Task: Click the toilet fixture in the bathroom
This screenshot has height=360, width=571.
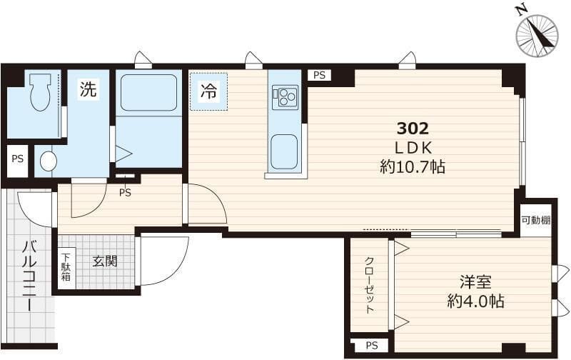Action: pyautogui.click(x=40, y=92)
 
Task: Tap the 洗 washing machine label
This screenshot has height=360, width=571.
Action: pyautogui.click(x=89, y=89)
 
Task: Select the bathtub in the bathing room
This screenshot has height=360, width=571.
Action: pyautogui.click(x=148, y=93)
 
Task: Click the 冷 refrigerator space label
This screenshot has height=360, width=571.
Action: pyautogui.click(x=208, y=92)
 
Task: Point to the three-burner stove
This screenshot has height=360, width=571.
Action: pyautogui.click(x=285, y=96)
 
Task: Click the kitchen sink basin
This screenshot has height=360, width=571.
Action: pyautogui.click(x=284, y=151)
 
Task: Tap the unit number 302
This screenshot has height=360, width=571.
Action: pyautogui.click(x=413, y=129)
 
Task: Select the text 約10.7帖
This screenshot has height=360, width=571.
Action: pyautogui.click(x=413, y=167)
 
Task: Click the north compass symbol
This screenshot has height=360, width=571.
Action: pyautogui.click(x=537, y=35)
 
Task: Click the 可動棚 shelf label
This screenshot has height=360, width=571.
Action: pyautogui.click(x=535, y=220)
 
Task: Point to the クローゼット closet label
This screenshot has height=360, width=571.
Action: pyautogui.click(x=369, y=285)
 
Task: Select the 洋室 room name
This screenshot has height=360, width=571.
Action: pyautogui.click(x=475, y=282)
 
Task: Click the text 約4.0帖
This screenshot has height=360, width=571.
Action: pyautogui.click(x=475, y=301)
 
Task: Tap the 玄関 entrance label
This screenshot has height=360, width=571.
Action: pyautogui.click(x=104, y=261)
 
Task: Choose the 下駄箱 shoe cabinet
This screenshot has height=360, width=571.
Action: pyautogui.click(x=66, y=268)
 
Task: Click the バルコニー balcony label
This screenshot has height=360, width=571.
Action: pyautogui.click(x=29, y=276)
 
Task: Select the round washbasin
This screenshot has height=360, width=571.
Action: pyautogui.click(x=49, y=161)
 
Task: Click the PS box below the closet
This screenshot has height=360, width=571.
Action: pyautogui.click(x=372, y=346)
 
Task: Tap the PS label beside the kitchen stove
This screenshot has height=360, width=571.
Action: pyautogui.click(x=319, y=75)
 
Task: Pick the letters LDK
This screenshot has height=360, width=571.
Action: pyautogui.click(x=413, y=148)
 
